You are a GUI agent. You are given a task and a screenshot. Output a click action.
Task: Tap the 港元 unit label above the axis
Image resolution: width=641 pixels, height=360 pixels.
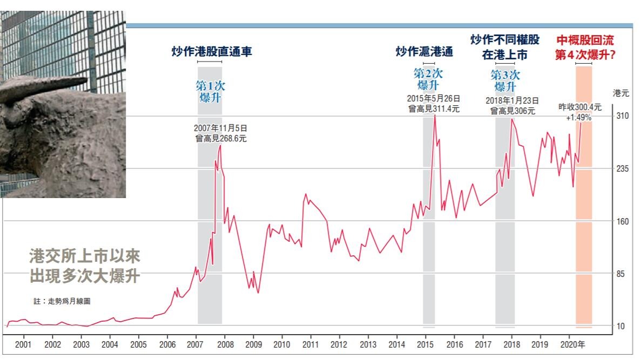point(621,93)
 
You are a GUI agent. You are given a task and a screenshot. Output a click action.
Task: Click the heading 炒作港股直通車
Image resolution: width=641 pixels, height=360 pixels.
point(212,52)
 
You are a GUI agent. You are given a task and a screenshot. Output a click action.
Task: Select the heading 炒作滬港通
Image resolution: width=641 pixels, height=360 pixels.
point(424,52)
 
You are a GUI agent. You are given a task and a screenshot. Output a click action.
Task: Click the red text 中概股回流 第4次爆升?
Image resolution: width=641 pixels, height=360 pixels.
point(585,47)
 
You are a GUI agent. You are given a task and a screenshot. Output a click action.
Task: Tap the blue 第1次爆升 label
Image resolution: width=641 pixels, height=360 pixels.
point(210,91)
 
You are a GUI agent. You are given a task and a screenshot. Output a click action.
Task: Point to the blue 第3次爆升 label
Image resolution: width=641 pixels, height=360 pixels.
point(505,80)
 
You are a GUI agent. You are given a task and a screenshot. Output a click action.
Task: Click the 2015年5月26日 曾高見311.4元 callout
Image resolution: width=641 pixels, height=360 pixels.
point(433,104)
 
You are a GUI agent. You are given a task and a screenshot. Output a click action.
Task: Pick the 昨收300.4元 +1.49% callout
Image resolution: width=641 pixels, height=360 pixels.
point(579,112)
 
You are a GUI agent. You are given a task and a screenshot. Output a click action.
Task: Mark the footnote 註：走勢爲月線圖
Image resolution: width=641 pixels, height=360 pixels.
point(62,301)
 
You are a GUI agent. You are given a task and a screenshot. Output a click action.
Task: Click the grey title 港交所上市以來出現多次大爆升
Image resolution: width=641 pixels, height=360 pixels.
point(85,266)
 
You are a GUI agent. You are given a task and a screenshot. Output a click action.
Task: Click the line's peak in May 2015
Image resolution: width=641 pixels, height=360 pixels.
point(435,116)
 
